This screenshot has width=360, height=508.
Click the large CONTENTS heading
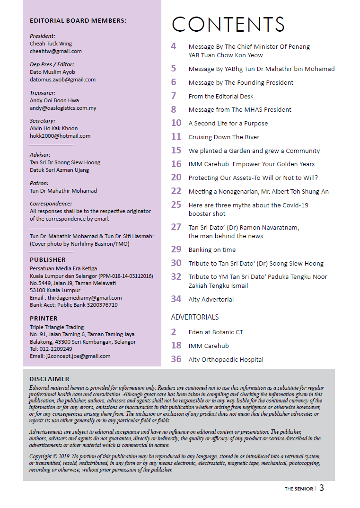click(x=228, y=25)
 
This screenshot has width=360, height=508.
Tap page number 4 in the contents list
click(x=174, y=46)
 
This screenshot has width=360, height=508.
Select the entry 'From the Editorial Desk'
click(x=221, y=96)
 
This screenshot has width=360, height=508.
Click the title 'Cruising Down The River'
click(x=224, y=137)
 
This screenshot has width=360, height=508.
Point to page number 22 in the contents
click(x=176, y=191)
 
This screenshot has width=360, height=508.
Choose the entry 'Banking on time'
click(x=212, y=250)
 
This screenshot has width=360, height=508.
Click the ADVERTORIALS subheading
click(x=195, y=317)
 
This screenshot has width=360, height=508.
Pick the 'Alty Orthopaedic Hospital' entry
click(x=226, y=360)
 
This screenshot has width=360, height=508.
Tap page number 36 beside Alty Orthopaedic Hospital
click(x=176, y=359)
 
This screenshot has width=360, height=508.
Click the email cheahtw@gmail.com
click(x=56, y=51)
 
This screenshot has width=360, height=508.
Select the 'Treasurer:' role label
click(x=43, y=93)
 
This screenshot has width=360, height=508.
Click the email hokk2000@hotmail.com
click(x=60, y=136)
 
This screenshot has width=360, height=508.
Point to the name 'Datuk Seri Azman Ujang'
click(x=59, y=170)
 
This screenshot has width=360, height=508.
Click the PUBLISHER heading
click(x=48, y=260)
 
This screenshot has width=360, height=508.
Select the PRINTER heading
click(x=44, y=319)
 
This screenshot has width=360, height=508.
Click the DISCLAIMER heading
click(x=49, y=379)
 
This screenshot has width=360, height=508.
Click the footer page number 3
click(x=322, y=488)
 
